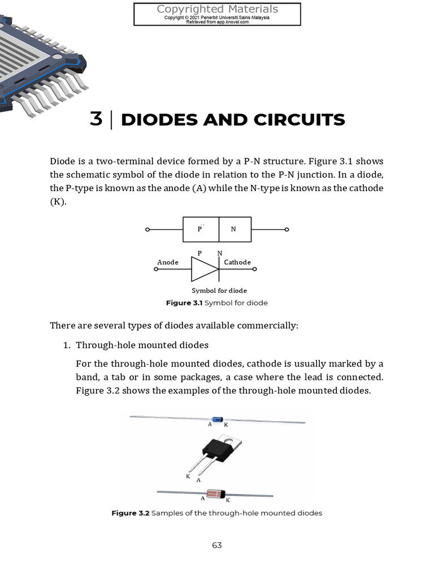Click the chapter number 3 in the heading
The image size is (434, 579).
pos(96,120)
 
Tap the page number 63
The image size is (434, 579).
pos(217,545)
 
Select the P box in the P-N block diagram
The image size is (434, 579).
pos(200,230)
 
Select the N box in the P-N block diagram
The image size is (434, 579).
pos(233,230)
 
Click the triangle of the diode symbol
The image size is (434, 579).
pos(204,269)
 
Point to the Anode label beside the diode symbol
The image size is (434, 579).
pos(168,262)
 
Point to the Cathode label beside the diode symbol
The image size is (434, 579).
pos(237,262)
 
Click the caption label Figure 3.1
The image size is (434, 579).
pos(184,303)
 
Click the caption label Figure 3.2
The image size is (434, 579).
pos(131,513)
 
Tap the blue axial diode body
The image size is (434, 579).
pos(217,419)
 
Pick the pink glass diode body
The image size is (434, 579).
pos(215,494)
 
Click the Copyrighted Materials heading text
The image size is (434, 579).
pos(217,9)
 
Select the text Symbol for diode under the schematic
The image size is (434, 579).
pos(219,291)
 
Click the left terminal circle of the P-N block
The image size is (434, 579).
pos(147,230)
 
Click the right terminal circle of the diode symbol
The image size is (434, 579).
pos(255,269)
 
